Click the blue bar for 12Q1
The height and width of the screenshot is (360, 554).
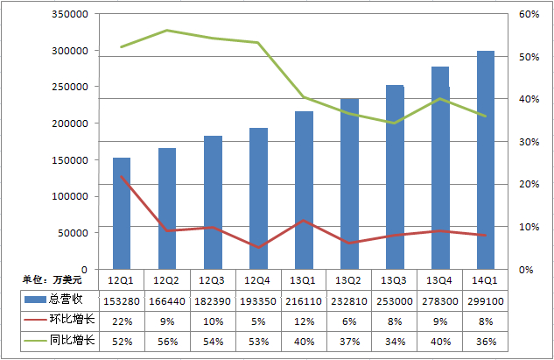tap(121, 214)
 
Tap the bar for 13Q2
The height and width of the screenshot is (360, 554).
tap(349, 184)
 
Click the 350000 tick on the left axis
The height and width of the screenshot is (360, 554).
tap(70, 15)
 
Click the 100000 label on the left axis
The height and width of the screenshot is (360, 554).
tap(70, 197)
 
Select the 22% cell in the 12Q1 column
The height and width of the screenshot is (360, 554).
tap(121, 321)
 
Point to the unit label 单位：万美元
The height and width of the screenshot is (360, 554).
tap(53, 279)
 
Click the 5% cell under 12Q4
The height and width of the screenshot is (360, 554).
tap(258, 321)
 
